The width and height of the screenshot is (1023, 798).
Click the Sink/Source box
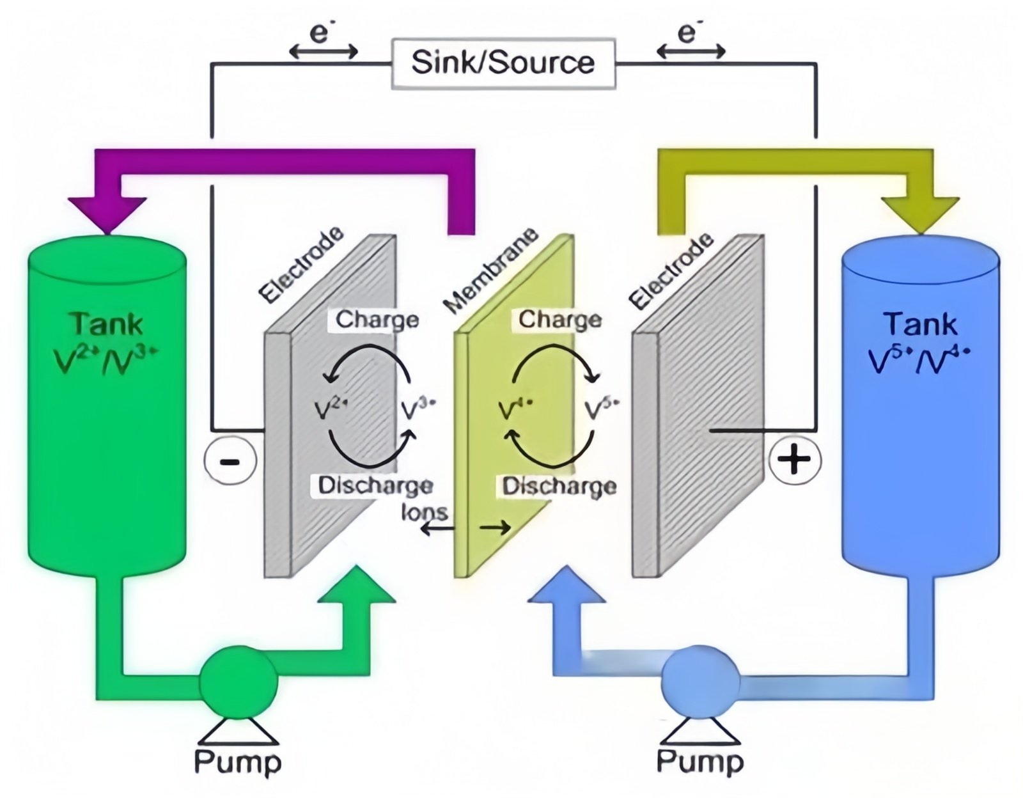(x=503, y=63)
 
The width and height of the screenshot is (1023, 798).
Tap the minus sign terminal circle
(x=230, y=460)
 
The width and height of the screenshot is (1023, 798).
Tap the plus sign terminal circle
(x=794, y=459)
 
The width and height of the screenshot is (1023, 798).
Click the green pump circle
(x=238, y=682)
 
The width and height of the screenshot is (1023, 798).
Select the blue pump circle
(x=701, y=682)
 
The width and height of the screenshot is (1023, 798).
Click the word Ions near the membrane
(x=424, y=512)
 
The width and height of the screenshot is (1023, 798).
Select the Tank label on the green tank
(x=107, y=324)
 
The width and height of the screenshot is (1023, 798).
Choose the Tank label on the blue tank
(x=920, y=324)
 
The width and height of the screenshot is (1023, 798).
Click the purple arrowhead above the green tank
(x=107, y=215)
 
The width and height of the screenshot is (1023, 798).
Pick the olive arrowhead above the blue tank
(x=920, y=215)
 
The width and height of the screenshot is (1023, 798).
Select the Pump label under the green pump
(x=238, y=762)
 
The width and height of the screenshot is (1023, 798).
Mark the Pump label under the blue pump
(x=700, y=762)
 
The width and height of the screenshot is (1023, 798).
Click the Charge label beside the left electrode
(x=377, y=319)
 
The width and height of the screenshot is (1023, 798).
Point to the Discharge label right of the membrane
(x=559, y=486)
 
